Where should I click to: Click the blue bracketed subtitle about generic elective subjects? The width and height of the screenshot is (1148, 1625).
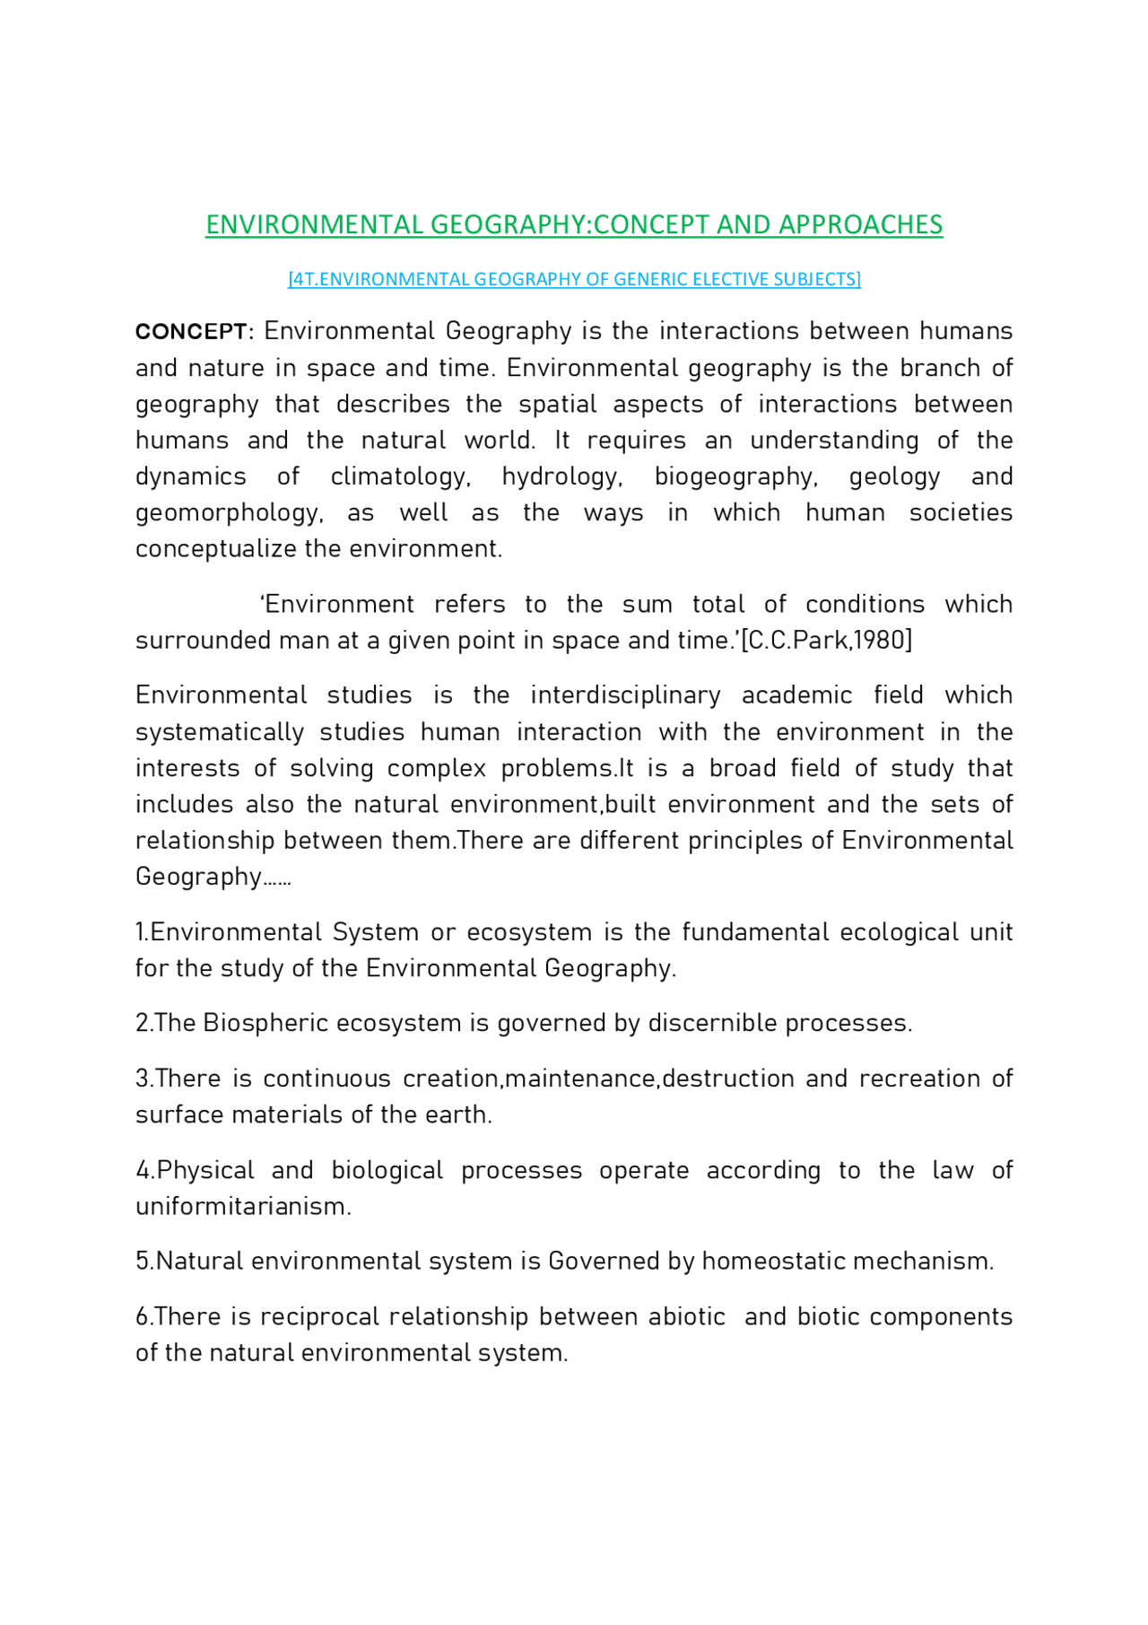click(574, 279)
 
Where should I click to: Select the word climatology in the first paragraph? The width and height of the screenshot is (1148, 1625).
click(400, 476)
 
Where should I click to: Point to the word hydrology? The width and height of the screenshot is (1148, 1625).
click(561, 476)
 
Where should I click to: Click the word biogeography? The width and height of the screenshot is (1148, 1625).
click(735, 476)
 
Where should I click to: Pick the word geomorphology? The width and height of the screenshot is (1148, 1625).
click(229, 513)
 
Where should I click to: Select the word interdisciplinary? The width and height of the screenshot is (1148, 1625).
click(625, 695)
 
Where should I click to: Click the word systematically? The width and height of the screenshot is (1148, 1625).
click(219, 732)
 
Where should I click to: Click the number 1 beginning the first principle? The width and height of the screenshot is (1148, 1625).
click(140, 932)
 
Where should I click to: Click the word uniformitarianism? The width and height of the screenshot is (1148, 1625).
click(242, 1207)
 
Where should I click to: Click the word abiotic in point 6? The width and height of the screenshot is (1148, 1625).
click(686, 1317)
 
